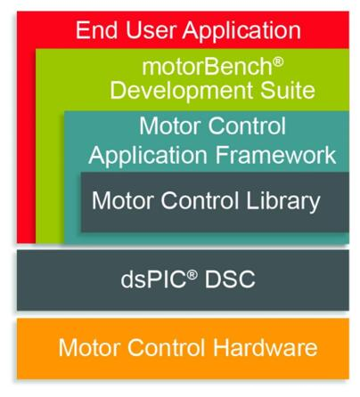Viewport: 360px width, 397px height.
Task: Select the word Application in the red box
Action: pos(241,31)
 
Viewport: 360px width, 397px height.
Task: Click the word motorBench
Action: pos(208,67)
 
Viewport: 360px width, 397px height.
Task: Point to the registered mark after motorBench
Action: pos(278,62)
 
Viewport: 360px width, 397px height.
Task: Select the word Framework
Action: pos(275,155)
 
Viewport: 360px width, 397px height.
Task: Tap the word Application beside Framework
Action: pos(148,157)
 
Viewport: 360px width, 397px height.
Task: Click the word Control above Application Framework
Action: pos(247,126)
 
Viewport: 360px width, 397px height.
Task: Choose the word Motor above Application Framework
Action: pos(171,126)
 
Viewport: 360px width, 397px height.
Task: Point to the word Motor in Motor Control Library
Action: pos(123,201)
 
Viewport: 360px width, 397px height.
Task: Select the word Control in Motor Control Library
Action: pos(200,201)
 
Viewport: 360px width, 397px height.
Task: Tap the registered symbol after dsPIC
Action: pos(192,275)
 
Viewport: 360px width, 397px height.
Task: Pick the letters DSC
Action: pos(230,280)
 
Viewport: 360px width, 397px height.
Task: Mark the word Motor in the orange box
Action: pos(90,347)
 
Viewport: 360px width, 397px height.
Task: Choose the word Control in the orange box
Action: pos(167,347)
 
